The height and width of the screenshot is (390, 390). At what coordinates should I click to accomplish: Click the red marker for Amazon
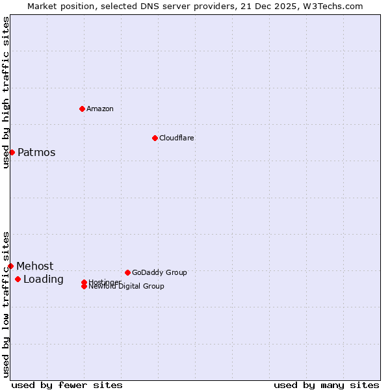[x=83, y=109]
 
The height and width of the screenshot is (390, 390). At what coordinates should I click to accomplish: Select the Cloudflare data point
[x=155, y=138]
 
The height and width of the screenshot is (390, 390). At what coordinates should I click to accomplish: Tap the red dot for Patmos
[x=12, y=152]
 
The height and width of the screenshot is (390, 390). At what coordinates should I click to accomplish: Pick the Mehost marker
[x=10, y=266]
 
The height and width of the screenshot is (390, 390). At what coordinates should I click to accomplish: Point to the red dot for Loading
[x=18, y=279]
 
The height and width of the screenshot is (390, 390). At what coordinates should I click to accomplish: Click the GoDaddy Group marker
[x=127, y=272]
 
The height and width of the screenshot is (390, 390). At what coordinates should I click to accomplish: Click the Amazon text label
[x=100, y=109]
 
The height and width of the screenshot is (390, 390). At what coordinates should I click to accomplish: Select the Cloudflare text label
[x=177, y=138]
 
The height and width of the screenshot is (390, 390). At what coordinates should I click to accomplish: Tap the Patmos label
[x=36, y=153]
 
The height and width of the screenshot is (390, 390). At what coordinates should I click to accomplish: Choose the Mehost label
[x=35, y=266]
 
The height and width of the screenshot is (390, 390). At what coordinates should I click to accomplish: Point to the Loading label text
[x=44, y=279]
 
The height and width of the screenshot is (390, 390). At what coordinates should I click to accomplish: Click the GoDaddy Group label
[x=159, y=272]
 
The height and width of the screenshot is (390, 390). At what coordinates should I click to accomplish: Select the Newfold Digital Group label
[x=127, y=286]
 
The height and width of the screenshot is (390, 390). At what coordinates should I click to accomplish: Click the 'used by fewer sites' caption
[x=67, y=385]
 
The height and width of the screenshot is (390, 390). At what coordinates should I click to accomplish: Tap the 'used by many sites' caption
[x=326, y=385]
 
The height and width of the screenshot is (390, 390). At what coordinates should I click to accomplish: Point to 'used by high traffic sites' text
[x=6, y=92]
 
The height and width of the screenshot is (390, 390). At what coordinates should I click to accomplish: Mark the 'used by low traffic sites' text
[x=6, y=304]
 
